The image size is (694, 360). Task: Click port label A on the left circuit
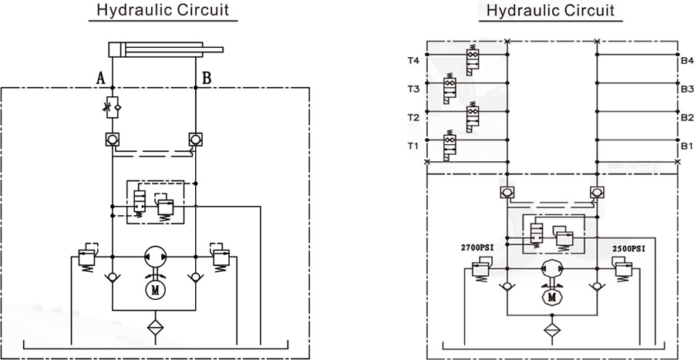[100, 78]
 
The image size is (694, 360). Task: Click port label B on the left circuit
[207, 78]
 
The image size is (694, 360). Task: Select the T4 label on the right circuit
[413, 60]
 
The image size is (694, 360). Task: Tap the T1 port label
[413, 146]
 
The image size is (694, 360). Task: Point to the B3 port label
[687, 89]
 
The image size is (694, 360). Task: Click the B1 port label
[687, 146]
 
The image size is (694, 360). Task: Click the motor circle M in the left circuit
[153, 290]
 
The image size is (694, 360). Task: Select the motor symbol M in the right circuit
[551, 295]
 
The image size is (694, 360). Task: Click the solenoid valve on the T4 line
[471, 57]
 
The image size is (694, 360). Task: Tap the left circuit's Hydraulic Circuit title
[162, 12]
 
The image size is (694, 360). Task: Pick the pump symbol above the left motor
[153, 255]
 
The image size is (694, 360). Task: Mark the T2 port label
[413, 118]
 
